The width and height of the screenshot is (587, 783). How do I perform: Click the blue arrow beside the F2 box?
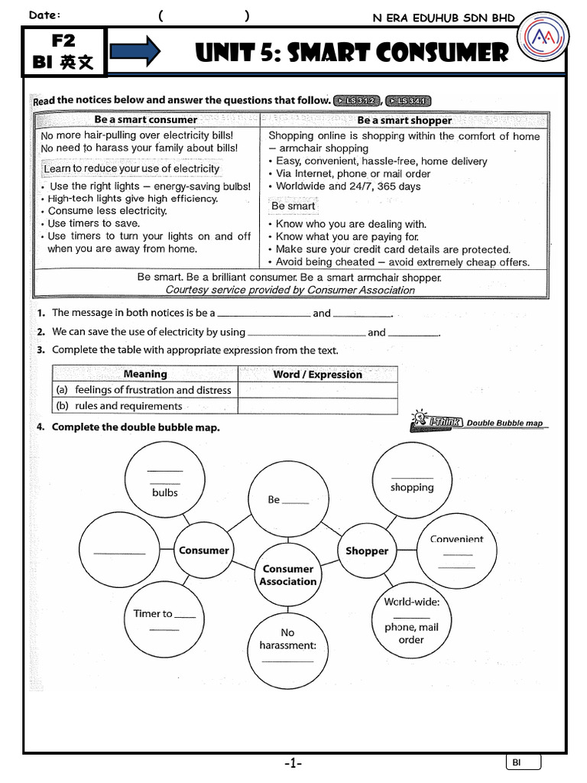[x=135, y=51]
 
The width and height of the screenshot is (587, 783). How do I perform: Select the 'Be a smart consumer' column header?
[x=146, y=120]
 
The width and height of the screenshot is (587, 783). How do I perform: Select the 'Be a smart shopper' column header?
[x=404, y=120]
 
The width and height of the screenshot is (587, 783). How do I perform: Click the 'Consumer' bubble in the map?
[x=203, y=551]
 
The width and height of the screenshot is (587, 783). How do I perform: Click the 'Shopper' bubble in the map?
[x=367, y=551]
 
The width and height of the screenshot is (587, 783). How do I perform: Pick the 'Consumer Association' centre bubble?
[x=288, y=575]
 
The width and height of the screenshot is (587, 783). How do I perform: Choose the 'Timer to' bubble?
[x=164, y=620]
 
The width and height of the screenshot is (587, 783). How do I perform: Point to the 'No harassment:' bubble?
[x=287, y=644]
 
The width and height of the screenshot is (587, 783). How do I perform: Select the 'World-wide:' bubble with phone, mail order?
[x=411, y=620]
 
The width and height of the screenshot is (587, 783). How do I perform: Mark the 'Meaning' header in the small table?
[x=145, y=374]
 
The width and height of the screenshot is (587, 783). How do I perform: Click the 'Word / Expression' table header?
[x=317, y=374]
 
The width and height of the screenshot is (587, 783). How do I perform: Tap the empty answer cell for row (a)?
[x=317, y=390]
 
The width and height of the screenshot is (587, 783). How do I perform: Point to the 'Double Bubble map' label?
[x=504, y=423]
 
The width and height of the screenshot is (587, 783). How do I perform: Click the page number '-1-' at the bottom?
[x=293, y=763]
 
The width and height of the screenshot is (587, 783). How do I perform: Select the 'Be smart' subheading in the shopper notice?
[x=293, y=206]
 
